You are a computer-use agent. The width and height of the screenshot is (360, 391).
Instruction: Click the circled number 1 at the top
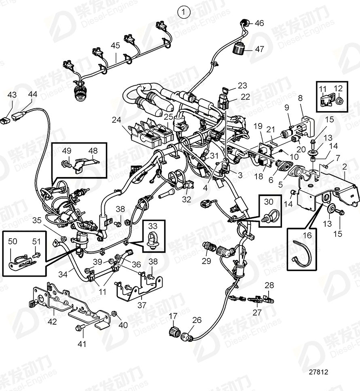coord(184,12)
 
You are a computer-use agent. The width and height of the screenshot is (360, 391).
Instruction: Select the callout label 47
coord(259,49)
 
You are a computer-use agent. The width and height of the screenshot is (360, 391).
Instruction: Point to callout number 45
coord(116,46)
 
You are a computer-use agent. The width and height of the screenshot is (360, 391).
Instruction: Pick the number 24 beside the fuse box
coord(116,120)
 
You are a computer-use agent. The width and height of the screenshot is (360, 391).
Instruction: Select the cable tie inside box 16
coord(304,252)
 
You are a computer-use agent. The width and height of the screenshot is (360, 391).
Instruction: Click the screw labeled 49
coord(65,164)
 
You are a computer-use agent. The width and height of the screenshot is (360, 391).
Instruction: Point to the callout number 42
coord(53,322)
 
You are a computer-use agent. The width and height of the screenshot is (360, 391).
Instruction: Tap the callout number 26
coord(197,320)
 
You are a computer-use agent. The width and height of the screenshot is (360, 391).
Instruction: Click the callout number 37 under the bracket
coord(142,305)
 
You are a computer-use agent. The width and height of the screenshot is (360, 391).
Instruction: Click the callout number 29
coord(206,261)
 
